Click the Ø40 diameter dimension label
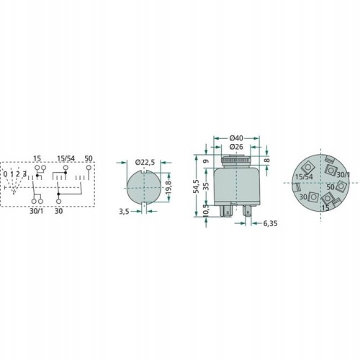(236, 138)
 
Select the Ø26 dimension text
(236, 147)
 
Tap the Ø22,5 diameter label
(145, 163)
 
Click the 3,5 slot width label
(124, 212)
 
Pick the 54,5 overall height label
(197, 186)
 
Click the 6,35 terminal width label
(270, 223)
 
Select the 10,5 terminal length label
(206, 211)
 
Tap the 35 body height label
(206, 186)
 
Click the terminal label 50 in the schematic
(89, 158)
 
